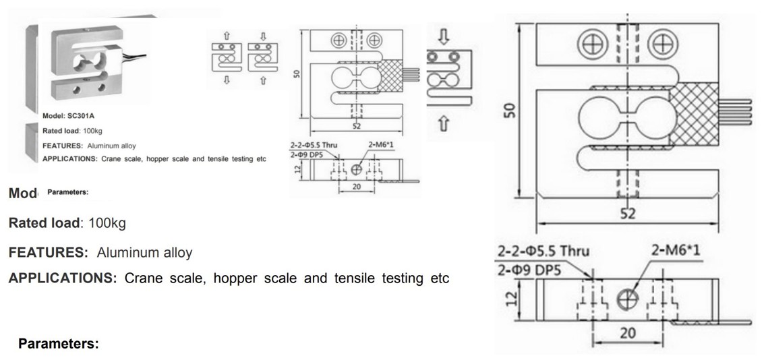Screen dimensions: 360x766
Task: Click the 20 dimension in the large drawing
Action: point(628,332)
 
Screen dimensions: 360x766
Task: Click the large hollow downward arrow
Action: point(443,36)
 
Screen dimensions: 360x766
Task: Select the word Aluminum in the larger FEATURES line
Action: point(124,253)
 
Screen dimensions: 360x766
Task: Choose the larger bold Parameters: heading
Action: point(59,344)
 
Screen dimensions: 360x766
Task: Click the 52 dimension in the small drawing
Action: point(355,126)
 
